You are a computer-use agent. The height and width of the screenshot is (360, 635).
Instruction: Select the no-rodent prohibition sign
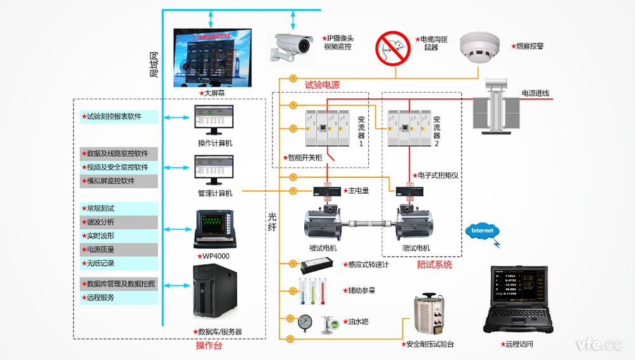393,47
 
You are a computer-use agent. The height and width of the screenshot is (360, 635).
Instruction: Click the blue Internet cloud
482,231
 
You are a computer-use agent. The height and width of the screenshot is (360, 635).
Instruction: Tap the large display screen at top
213,58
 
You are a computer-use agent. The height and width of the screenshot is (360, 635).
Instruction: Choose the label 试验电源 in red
322,85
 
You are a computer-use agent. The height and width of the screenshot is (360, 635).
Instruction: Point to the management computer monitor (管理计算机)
214,170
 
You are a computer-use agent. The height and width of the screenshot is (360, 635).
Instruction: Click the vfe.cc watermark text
599,344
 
